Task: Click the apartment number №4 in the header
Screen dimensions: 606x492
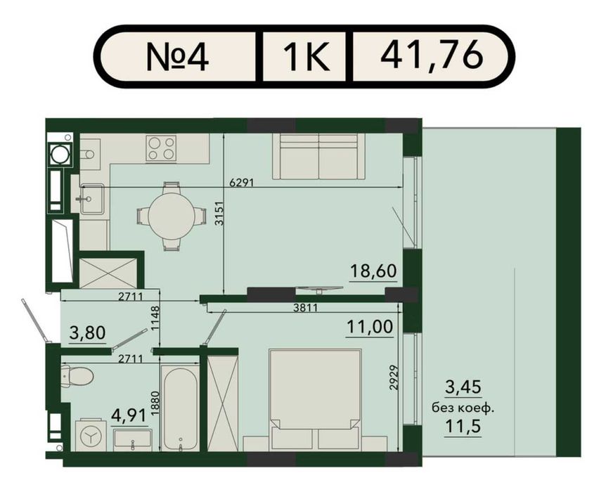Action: coord(177,57)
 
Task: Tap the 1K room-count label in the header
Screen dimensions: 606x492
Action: coord(307,57)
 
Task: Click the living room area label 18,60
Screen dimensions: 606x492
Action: coord(373,271)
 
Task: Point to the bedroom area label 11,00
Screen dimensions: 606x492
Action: coord(370,327)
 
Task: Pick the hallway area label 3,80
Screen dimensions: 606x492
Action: coord(87,332)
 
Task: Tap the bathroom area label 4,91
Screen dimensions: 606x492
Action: coord(129,415)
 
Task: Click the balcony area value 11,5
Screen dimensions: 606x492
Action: coord(463,427)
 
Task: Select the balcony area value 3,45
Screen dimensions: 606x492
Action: coord(463,387)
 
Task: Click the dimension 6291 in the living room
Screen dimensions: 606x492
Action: coord(242,183)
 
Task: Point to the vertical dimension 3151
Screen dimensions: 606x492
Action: coord(219,213)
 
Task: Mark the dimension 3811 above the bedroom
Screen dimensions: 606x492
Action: coord(305,308)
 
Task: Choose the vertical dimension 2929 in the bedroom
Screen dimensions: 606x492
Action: coord(394,377)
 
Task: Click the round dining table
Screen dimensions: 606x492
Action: coord(172,216)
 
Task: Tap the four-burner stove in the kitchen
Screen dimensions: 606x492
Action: coord(161,148)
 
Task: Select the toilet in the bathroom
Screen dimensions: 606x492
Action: coord(77,375)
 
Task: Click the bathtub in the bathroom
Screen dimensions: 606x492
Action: coord(180,409)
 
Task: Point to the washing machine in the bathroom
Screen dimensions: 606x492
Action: coord(91,436)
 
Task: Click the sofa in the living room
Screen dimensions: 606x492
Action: coord(318,157)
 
